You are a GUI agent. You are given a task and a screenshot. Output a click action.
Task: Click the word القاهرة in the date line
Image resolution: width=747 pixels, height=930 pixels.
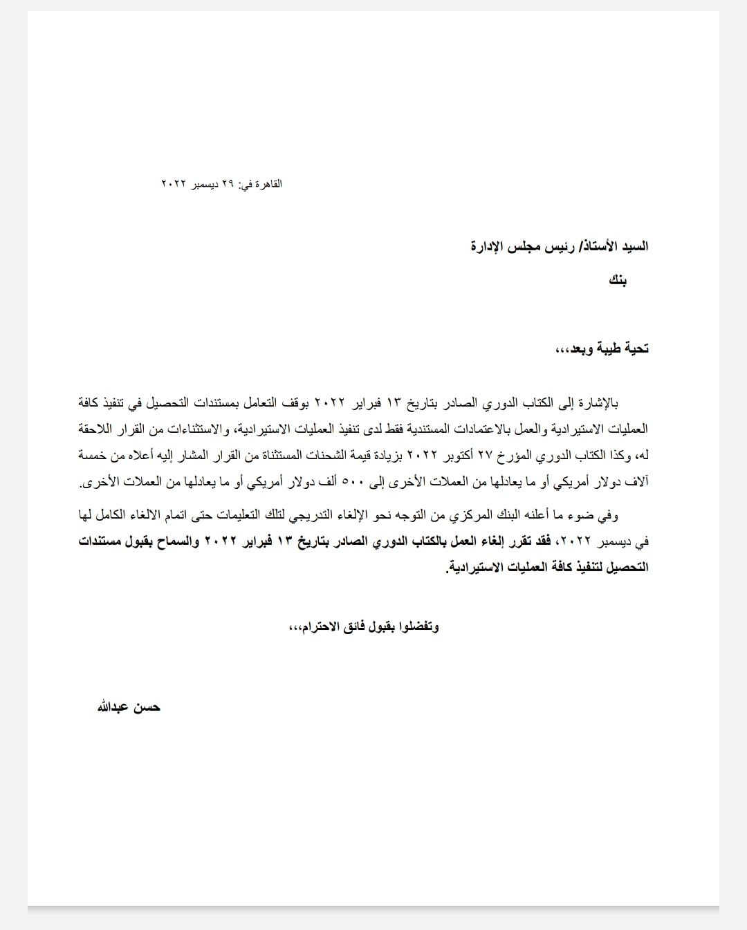268,184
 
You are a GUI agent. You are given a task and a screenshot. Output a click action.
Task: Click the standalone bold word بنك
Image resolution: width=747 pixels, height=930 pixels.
618,280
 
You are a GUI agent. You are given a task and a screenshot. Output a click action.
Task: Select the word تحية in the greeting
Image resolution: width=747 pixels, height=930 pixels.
635,349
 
